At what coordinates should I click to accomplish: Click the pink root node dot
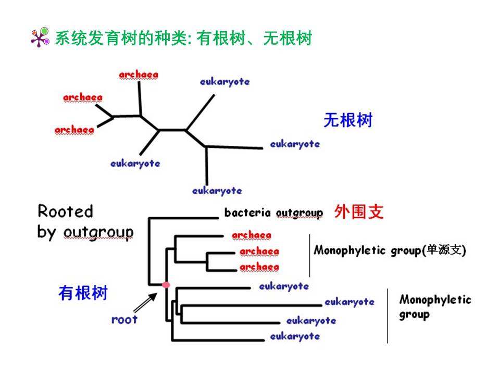(166, 285)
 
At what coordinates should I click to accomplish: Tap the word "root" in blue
(124, 319)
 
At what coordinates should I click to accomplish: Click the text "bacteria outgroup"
(273, 213)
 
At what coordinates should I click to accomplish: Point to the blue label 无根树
(348, 120)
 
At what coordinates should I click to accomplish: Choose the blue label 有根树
(83, 293)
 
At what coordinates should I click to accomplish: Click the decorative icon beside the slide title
(40, 37)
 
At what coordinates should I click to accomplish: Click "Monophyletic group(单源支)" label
(390, 251)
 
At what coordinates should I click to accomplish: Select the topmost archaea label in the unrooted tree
(139, 75)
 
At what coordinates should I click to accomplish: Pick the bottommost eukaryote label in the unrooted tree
(217, 191)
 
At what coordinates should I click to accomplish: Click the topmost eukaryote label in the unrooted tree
(225, 81)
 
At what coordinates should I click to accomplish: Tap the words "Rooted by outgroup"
(85, 221)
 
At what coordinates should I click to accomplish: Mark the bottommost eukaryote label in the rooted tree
(295, 336)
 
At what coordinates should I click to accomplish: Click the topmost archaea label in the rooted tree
(252, 235)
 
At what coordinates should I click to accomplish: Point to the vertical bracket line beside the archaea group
(309, 255)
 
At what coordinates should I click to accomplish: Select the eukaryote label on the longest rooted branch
(349, 302)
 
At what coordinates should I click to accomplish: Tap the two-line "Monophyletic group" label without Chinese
(435, 307)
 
